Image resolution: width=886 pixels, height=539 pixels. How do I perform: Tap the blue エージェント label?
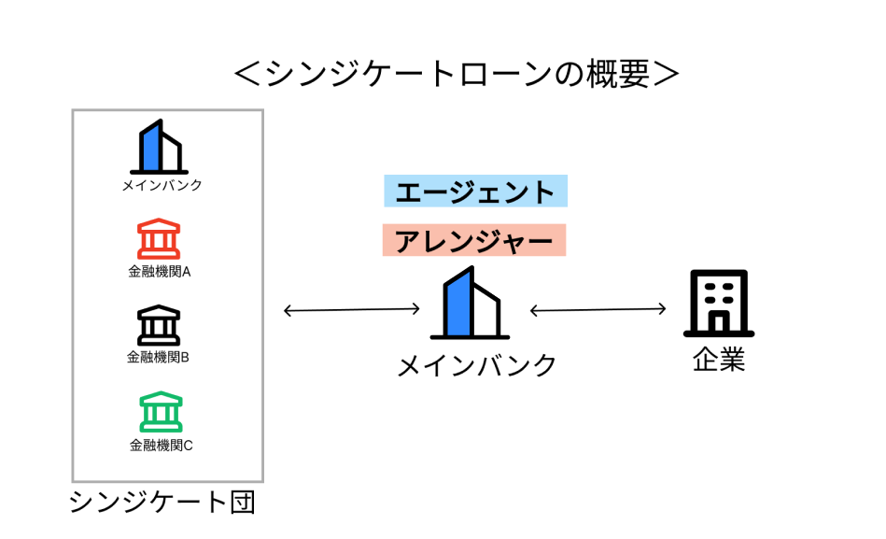pyautogui.click(x=475, y=191)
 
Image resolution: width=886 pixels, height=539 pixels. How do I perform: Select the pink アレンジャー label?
pyautogui.click(x=475, y=241)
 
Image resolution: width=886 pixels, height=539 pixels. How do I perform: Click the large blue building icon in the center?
pyautogui.click(x=470, y=304)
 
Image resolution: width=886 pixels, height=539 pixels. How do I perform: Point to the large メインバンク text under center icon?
pyautogui.click(x=476, y=365)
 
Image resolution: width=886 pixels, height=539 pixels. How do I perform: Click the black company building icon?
pyautogui.click(x=719, y=304)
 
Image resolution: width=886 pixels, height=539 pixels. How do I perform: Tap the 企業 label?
pyautogui.click(x=719, y=360)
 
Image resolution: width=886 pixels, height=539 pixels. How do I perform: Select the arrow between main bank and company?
pyautogui.click(x=598, y=309)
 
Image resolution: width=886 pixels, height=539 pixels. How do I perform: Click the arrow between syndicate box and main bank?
pyautogui.click(x=352, y=309)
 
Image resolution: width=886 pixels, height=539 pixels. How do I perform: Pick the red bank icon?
pyautogui.click(x=159, y=239)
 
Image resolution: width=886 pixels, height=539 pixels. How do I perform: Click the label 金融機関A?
pyautogui.click(x=160, y=272)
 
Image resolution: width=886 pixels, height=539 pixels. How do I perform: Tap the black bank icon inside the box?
pyautogui.click(x=159, y=325)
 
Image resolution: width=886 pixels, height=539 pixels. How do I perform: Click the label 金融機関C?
pyautogui.click(x=161, y=445)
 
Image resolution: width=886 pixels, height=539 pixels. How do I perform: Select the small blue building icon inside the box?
pyautogui.click(x=159, y=147)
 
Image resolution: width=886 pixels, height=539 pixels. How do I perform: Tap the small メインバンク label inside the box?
pyautogui.click(x=162, y=185)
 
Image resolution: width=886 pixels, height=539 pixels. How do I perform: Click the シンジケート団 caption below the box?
pyautogui.click(x=162, y=504)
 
